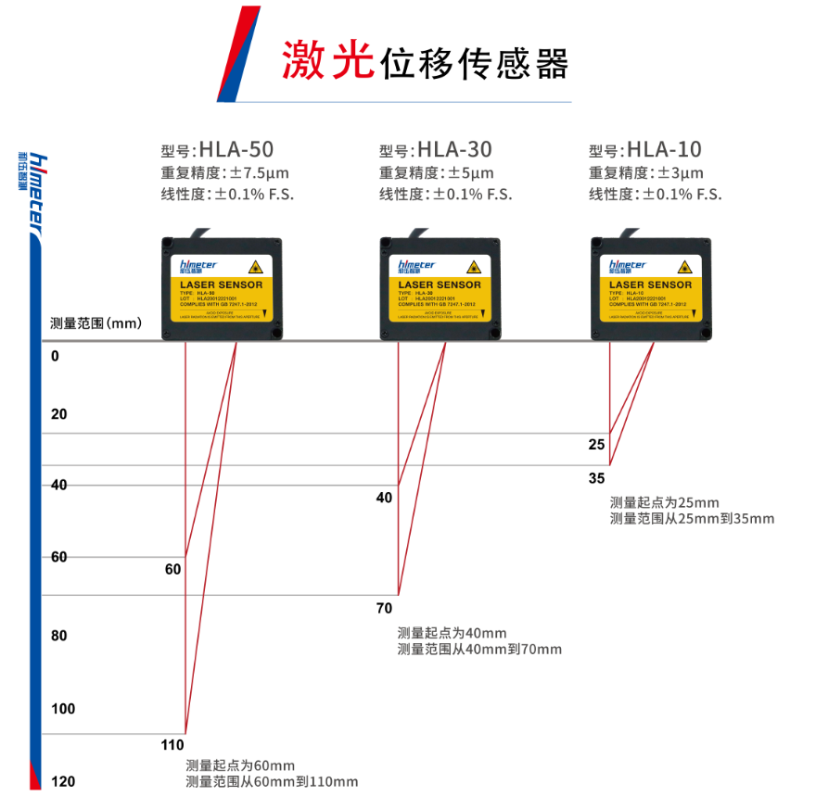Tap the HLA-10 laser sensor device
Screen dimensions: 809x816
(651, 287)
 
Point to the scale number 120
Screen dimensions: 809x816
(63, 782)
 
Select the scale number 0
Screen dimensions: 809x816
(55, 356)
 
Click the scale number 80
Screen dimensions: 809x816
(59, 637)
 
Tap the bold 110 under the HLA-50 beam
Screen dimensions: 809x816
(173, 745)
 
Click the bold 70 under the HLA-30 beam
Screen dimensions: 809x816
(384, 608)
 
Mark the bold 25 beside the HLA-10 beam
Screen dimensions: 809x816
(596, 445)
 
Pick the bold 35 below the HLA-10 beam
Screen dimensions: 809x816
(596, 478)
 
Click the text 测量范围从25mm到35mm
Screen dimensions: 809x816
(692, 519)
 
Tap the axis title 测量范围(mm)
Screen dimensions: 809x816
(96, 323)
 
